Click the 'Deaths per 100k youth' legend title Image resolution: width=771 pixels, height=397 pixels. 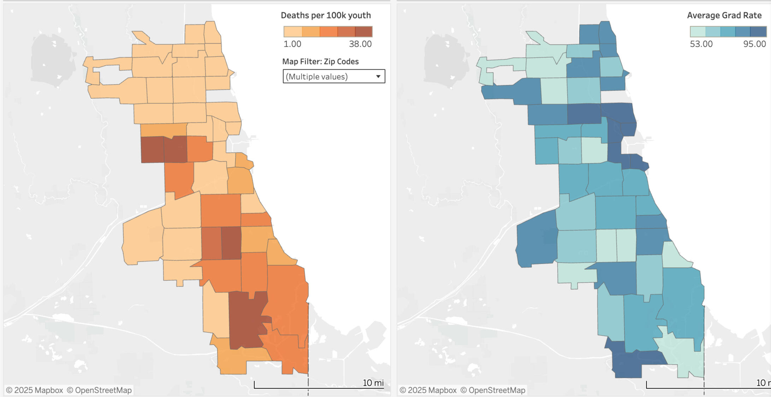pyautogui.click(x=325, y=16)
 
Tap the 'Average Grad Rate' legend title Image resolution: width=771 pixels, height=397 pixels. pyautogui.click(x=724, y=16)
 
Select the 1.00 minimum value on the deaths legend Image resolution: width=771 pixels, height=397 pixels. pyautogui.click(x=292, y=44)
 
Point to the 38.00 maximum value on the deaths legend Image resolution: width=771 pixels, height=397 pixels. pyautogui.click(x=360, y=44)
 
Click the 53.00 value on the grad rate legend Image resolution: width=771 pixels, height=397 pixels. pyautogui.click(x=701, y=44)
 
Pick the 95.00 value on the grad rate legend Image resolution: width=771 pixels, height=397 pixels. pyautogui.click(x=754, y=44)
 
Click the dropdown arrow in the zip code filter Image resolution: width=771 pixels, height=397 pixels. pyautogui.click(x=378, y=76)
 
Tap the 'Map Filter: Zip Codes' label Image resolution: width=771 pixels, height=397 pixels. pyautogui.click(x=320, y=62)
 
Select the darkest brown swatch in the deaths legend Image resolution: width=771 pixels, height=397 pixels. pyautogui.click(x=364, y=32)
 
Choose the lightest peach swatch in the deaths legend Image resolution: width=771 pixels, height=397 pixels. pyautogui.click(x=293, y=32)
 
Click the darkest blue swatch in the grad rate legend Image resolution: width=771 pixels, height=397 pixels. pyautogui.click(x=758, y=32)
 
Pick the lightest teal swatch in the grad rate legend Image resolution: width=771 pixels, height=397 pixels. pyautogui.click(x=698, y=32)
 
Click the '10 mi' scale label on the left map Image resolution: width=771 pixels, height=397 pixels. pyautogui.click(x=373, y=383)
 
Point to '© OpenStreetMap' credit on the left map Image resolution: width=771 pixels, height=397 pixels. pyautogui.click(x=99, y=390)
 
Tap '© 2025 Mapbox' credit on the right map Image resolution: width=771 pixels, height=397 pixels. pyautogui.click(x=428, y=390)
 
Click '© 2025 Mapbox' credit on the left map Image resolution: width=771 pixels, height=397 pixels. pyautogui.click(x=34, y=390)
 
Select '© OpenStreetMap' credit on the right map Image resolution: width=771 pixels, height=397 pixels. pyautogui.click(x=493, y=390)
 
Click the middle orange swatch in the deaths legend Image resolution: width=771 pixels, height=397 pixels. pyautogui.click(x=328, y=32)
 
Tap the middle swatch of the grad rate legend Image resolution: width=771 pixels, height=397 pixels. pyautogui.click(x=728, y=32)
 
